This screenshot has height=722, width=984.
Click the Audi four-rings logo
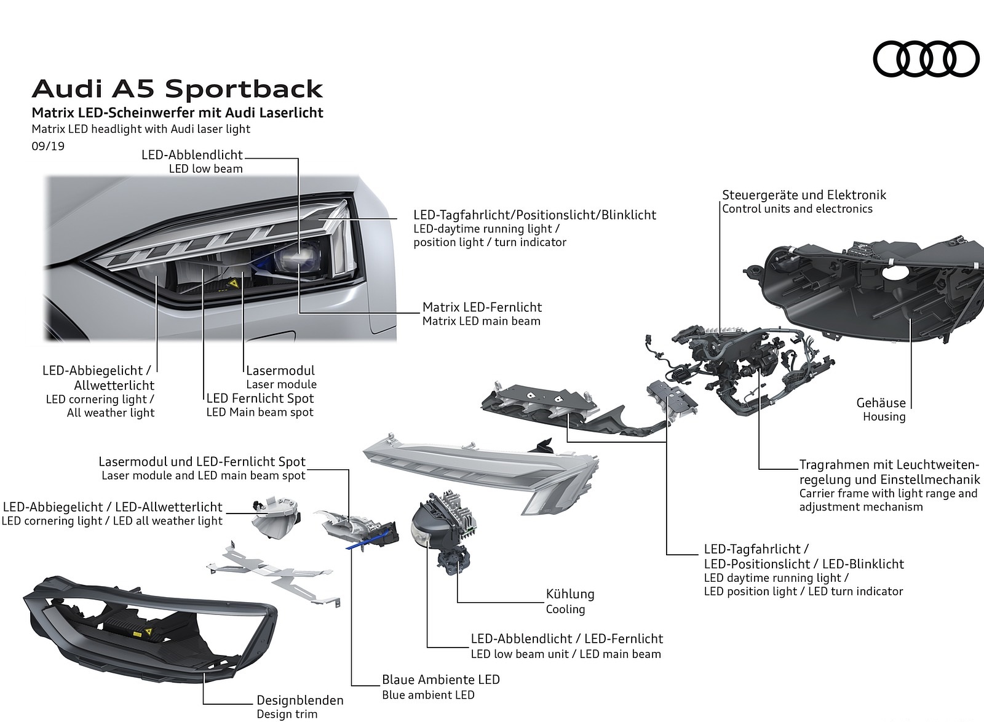click(926, 59)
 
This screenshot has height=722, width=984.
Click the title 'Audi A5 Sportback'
click(177, 89)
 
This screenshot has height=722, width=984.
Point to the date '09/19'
click(48, 146)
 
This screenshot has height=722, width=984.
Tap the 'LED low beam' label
click(205, 169)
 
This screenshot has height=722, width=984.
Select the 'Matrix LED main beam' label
click(481, 321)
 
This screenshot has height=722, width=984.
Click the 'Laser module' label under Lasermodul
click(281, 384)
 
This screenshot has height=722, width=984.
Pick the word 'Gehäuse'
click(881, 403)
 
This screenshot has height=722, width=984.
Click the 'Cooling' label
click(565, 609)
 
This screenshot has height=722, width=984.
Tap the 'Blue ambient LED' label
click(428, 695)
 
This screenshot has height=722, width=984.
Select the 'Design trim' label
click(287, 714)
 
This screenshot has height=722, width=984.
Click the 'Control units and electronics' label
click(797, 209)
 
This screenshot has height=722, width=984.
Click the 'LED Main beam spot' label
click(260, 412)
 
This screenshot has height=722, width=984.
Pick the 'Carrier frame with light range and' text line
click(888, 493)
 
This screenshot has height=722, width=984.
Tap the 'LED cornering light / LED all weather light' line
click(112, 521)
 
